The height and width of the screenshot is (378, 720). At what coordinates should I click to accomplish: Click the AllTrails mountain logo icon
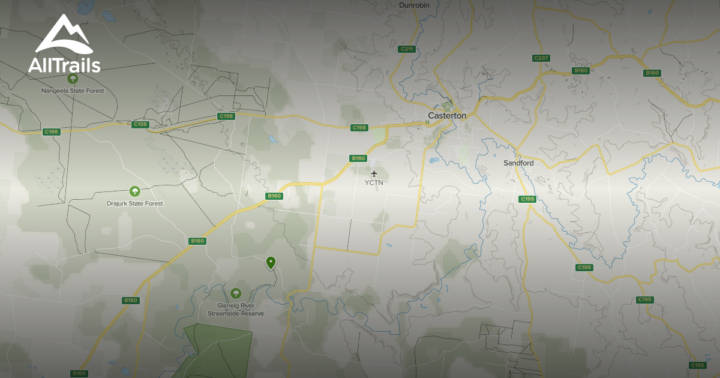(63, 35)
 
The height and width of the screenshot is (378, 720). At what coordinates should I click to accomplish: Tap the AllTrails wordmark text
(64, 65)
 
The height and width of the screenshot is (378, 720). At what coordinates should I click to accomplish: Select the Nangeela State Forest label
(73, 91)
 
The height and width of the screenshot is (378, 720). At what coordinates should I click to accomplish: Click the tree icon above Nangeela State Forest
(73, 79)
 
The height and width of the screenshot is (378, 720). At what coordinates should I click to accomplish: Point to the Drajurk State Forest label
(135, 203)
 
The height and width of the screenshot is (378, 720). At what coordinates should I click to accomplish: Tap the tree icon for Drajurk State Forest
(135, 191)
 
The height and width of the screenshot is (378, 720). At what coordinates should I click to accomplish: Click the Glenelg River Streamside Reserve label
(236, 310)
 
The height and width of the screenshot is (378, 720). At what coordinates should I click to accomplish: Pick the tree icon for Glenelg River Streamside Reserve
(236, 293)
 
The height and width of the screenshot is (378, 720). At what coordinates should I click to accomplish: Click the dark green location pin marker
(271, 262)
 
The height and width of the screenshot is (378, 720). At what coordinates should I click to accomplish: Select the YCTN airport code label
(374, 182)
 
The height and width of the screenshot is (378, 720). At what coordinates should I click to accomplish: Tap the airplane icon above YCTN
(374, 174)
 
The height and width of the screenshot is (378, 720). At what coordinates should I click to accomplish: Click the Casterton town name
(447, 115)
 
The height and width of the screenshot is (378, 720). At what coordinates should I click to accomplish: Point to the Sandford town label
(518, 163)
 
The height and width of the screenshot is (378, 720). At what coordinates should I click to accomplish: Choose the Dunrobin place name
(415, 5)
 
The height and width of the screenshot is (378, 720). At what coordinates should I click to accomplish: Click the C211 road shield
(406, 49)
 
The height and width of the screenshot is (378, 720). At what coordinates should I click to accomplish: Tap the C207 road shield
(541, 58)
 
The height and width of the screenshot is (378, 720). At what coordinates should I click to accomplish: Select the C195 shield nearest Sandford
(527, 199)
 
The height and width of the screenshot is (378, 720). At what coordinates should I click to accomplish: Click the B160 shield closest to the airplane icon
(358, 158)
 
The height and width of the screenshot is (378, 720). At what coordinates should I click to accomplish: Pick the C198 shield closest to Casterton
(359, 127)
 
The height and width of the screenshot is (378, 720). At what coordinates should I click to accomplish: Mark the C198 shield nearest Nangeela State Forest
(52, 131)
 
